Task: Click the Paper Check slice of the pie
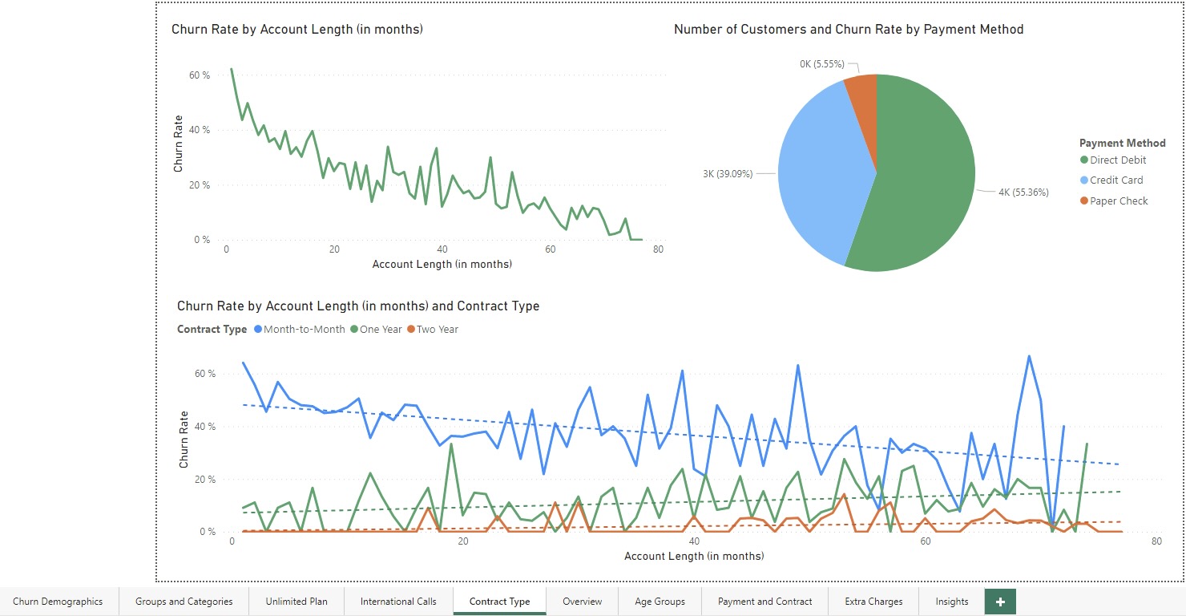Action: point(862,92)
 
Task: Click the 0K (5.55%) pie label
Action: point(821,64)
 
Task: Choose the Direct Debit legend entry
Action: point(1117,160)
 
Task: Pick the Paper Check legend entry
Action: point(1118,201)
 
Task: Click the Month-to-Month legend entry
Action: point(304,329)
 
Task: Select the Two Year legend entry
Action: point(437,329)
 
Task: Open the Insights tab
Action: point(951,602)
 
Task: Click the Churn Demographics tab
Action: point(58,602)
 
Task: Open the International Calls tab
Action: point(398,602)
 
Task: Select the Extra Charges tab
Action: point(873,602)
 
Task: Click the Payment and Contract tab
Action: point(764,602)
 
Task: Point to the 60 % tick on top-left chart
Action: point(199,75)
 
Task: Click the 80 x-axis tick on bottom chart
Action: point(1156,542)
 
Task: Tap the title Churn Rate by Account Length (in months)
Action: point(296,30)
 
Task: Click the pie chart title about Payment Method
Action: point(849,30)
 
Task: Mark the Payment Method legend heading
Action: point(1122,143)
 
